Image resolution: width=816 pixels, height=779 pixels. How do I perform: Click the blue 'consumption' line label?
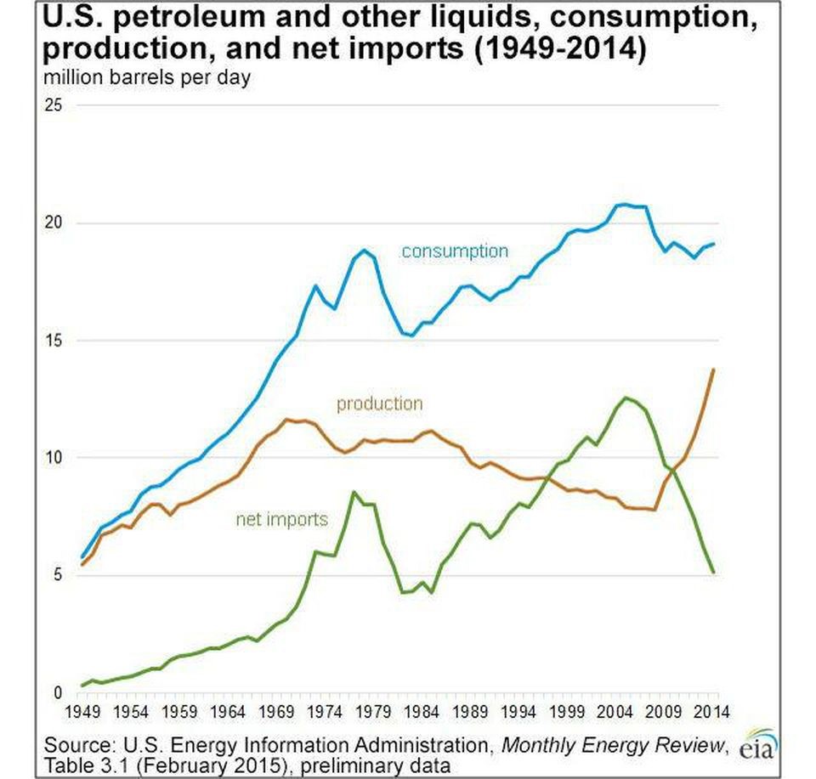pyautogui.click(x=455, y=251)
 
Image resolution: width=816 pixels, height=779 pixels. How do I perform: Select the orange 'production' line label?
pyautogui.click(x=379, y=404)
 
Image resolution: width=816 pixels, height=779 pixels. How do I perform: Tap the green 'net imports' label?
pyautogui.click(x=282, y=519)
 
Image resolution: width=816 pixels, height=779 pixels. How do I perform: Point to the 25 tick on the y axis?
pyautogui.click(x=53, y=105)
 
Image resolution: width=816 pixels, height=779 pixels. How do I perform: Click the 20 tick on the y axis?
pyautogui.click(x=53, y=223)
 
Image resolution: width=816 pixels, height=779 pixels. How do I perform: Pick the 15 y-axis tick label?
pyautogui.click(x=53, y=341)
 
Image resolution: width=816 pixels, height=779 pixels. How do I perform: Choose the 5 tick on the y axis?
pyautogui.click(x=57, y=574)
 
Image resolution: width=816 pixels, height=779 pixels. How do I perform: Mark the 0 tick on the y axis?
pyautogui.click(x=57, y=692)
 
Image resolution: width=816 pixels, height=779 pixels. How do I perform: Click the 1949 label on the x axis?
pyautogui.click(x=82, y=711)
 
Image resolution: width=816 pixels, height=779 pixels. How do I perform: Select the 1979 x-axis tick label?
pyautogui.click(x=373, y=711)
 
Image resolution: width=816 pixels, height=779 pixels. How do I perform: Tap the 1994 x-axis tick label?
pyautogui.click(x=518, y=711)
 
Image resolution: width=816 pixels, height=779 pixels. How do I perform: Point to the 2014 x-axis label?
pyautogui.click(x=712, y=711)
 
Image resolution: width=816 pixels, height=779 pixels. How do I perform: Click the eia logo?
pyautogui.click(x=759, y=745)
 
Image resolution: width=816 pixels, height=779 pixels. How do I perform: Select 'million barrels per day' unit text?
pyautogui.click(x=147, y=77)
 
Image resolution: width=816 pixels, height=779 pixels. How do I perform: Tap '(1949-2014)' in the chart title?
pyautogui.click(x=560, y=48)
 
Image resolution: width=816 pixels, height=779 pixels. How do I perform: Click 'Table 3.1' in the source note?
pyautogui.click(x=88, y=765)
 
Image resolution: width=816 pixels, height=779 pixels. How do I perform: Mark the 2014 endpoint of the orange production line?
pyautogui.click(x=713, y=370)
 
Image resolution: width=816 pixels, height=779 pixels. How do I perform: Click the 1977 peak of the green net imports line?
pyautogui.click(x=354, y=492)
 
